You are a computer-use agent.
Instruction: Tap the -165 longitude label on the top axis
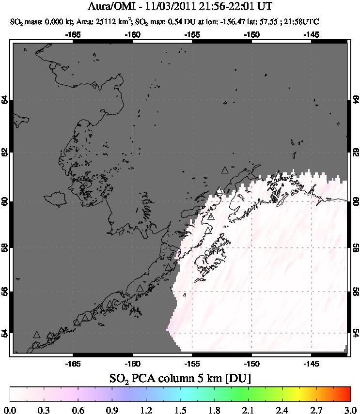[x=73, y=34]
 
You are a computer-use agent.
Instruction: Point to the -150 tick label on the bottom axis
[x=251, y=363]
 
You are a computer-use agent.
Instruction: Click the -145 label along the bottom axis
[x=311, y=363]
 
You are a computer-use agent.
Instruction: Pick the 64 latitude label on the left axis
[x=5, y=100]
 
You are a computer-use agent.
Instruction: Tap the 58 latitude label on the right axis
[x=356, y=247]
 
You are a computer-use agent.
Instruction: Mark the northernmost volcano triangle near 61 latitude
[x=224, y=170]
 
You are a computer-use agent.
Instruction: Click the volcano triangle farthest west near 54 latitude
[x=37, y=335]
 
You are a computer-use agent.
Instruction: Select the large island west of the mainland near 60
[x=54, y=199]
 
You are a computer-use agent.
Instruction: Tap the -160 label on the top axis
[x=132, y=34]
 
